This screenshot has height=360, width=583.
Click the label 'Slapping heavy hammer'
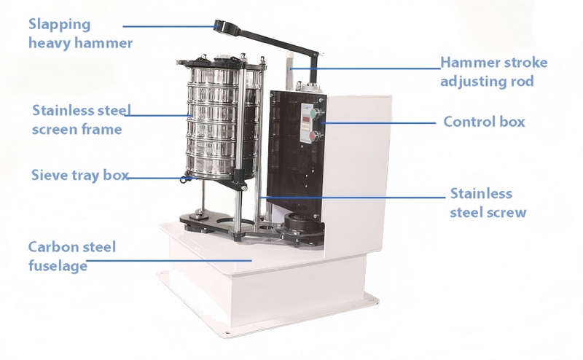click(x=80, y=34)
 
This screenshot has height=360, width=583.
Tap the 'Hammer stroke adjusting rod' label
click(x=493, y=71)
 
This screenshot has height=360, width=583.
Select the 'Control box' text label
click(x=484, y=122)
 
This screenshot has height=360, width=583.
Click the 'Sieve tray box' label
click(x=80, y=175)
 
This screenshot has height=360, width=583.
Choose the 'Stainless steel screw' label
click(x=488, y=203)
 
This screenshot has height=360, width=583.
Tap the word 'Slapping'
click(x=59, y=24)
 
